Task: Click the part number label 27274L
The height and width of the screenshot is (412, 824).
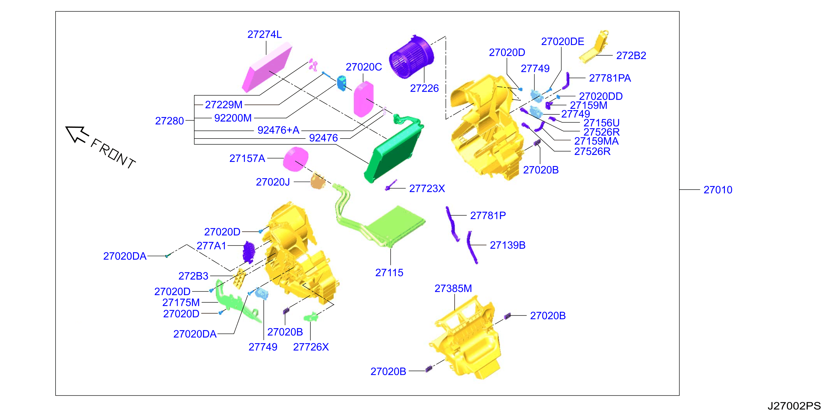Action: click(x=265, y=34)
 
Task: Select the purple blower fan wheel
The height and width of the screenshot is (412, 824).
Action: click(x=411, y=57)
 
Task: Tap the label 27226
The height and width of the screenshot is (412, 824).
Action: click(x=424, y=88)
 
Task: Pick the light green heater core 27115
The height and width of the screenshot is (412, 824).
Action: click(x=395, y=225)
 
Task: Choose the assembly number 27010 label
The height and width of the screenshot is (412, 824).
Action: click(x=718, y=190)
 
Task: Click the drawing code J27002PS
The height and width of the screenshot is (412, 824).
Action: click(x=794, y=406)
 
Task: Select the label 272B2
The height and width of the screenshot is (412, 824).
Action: click(x=631, y=56)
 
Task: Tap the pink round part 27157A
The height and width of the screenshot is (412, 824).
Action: click(x=296, y=159)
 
